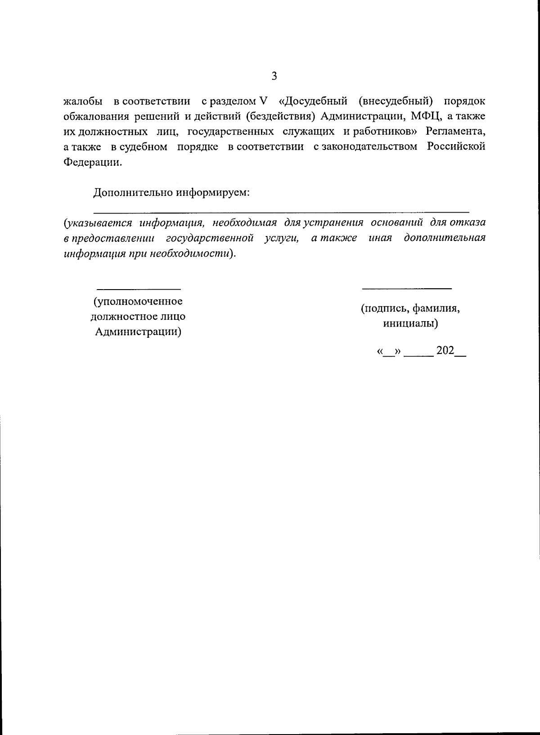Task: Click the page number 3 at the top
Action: [274, 76]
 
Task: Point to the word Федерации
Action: [92, 162]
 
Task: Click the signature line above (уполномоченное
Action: [138, 289]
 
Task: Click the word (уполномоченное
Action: [138, 301]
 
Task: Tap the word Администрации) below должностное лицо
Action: [138, 332]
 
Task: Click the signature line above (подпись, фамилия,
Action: [407, 288]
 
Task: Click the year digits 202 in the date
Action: [445, 351]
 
